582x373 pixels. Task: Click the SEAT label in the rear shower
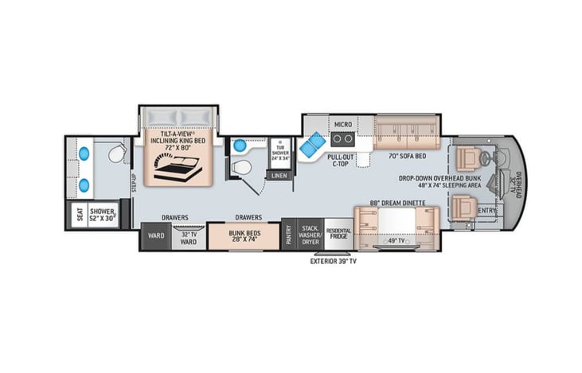pyautogui.click(x=80, y=215)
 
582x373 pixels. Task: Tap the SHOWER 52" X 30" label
pyautogui.click(x=102, y=215)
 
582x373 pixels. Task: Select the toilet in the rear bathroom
pyautogui.click(x=117, y=153)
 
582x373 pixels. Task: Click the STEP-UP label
pyautogui.click(x=134, y=183)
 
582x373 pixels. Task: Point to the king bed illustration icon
pyautogui.click(x=178, y=169)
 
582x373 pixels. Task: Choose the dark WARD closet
pyautogui.click(x=156, y=236)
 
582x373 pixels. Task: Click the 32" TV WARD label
pyautogui.click(x=189, y=238)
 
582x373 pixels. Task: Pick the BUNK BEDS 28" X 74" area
pyautogui.click(x=244, y=236)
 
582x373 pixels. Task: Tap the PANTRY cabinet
pyautogui.click(x=289, y=235)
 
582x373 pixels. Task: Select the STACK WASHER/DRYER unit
pyautogui.click(x=311, y=235)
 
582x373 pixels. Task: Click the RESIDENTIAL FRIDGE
pyautogui.click(x=338, y=235)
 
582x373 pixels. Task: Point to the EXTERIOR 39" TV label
pyautogui.click(x=333, y=261)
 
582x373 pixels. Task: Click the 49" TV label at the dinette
pyautogui.click(x=396, y=241)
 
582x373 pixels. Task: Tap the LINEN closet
pyautogui.click(x=279, y=176)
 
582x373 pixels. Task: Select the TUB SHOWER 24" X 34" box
pyautogui.click(x=280, y=153)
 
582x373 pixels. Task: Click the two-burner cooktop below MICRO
pyautogui.click(x=342, y=139)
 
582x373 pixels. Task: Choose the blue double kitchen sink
pyautogui.click(x=313, y=145)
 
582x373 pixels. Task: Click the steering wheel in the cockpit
pyautogui.click(x=485, y=158)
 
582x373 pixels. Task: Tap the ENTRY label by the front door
pyautogui.click(x=486, y=211)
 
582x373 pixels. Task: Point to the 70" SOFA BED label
pyautogui.click(x=407, y=156)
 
